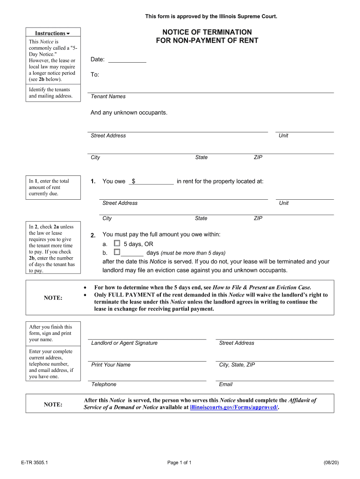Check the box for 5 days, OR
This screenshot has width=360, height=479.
click(x=117, y=244)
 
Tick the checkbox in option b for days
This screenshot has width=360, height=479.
click(x=117, y=252)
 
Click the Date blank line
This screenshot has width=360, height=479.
click(x=127, y=60)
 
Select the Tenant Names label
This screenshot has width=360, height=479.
click(x=108, y=96)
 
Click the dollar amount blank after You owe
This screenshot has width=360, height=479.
click(x=153, y=181)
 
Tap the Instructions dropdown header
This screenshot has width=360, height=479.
click(x=52, y=33)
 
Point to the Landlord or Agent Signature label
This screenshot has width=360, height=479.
click(x=124, y=343)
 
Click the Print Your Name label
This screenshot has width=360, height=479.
click(x=111, y=365)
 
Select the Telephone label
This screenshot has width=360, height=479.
click(x=104, y=385)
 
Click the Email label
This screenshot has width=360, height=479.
click(x=225, y=385)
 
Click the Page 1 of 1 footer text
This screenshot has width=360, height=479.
click(x=180, y=463)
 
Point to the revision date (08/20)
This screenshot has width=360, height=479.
click(x=331, y=463)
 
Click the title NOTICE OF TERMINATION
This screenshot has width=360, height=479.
click(x=207, y=32)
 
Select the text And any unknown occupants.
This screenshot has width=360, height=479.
click(x=129, y=113)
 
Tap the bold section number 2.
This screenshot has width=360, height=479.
click(x=93, y=235)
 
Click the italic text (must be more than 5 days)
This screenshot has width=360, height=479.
click(x=193, y=253)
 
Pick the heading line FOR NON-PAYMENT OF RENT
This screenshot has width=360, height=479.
click(x=207, y=41)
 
